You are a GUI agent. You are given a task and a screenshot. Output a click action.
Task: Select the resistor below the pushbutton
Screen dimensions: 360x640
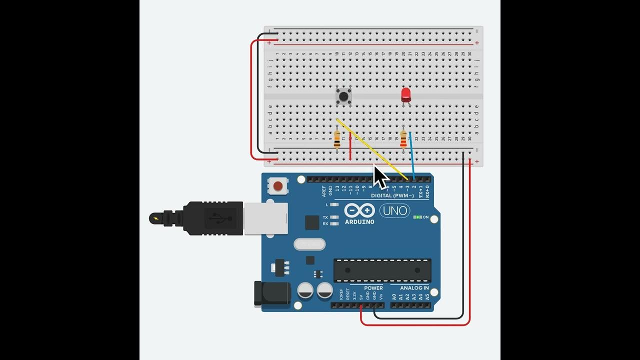[337, 138]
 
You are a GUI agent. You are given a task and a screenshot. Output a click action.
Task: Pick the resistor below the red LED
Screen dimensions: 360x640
[403, 139]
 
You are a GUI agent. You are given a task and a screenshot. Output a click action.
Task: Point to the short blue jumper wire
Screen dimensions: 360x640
[412, 155]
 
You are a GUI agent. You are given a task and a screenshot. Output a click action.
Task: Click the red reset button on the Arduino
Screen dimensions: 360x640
[277, 186]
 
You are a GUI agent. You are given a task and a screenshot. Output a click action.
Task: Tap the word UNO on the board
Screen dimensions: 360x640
[394, 211]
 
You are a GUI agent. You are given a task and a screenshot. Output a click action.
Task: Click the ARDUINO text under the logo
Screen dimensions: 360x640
[359, 221]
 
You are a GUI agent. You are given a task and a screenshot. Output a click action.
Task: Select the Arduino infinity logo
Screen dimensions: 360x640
[359, 210]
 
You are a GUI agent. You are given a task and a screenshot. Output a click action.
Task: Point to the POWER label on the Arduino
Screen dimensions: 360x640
[373, 288]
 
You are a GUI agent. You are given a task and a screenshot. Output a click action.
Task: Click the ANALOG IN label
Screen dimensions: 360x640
[414, 288]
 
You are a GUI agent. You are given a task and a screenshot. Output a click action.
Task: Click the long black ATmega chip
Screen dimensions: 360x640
[382, 270]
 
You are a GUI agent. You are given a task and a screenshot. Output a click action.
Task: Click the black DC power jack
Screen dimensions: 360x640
[271, 293]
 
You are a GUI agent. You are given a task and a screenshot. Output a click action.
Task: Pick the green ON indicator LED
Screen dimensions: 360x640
[417, 217]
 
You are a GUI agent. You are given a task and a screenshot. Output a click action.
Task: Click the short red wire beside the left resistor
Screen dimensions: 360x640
[350, 148]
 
